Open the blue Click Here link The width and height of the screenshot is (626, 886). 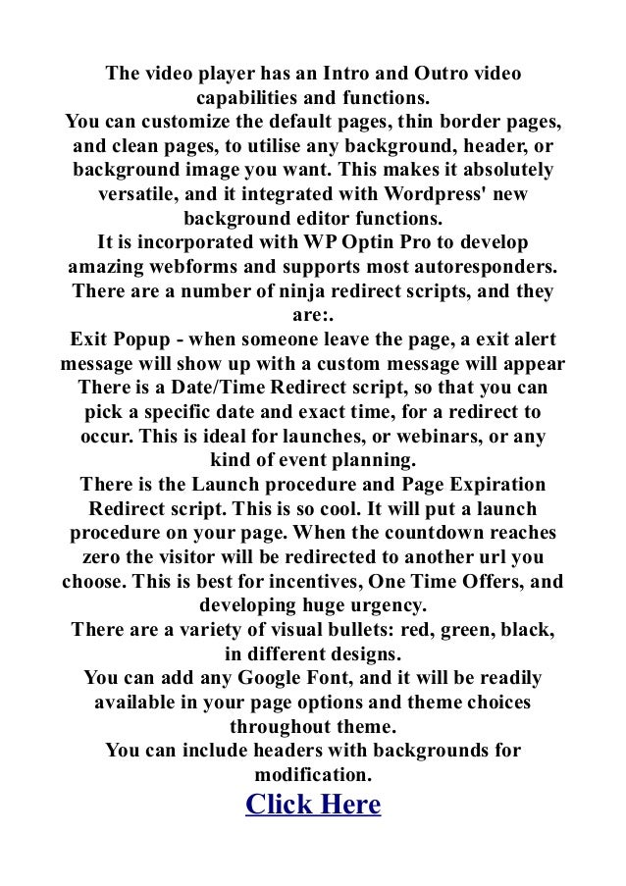[x=313, y=805]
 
